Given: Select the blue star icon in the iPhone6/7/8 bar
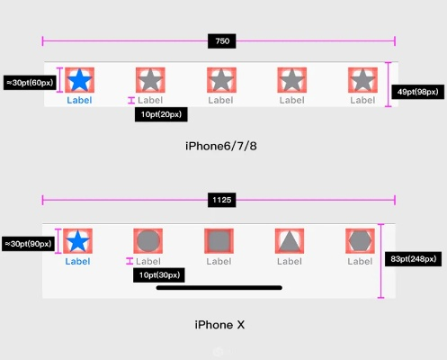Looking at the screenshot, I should [x=79, y=80].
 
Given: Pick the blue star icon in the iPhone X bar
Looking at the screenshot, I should [x=78, y=241].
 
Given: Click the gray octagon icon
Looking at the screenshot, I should [x=148, y=241].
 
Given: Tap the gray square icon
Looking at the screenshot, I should [x=219, y=241].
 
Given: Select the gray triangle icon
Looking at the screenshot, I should [x=289, y=241].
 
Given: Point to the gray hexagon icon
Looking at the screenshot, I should [x=360, y=241].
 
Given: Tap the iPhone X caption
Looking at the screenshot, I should [x=220, y=323].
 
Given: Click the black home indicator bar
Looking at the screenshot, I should [x=219, y=288].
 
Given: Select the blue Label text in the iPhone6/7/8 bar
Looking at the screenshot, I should [x=79, y=100].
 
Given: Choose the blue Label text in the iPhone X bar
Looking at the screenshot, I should [x=78, y=261].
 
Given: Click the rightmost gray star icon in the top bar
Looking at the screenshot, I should [x=362, y=80].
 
